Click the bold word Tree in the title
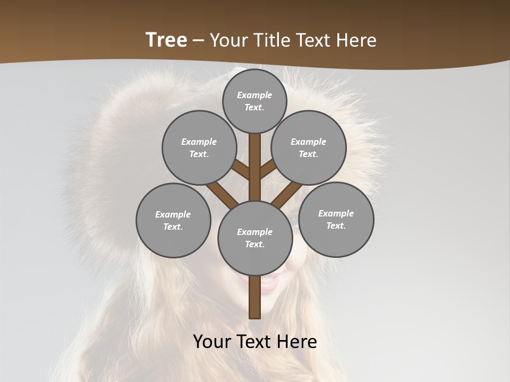click(166, 40)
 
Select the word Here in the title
click(358, 40)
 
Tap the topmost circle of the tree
click(254, 101)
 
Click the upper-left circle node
click(199, 147)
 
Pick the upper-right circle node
click(309, 147)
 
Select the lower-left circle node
click(173, 220)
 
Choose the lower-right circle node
click(336, 219)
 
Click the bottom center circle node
click(255, 238)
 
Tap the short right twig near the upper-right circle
click(268, 169)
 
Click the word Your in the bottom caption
click(211, 342)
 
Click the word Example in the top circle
click(254, 95)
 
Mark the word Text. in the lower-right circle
click(336, 225)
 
